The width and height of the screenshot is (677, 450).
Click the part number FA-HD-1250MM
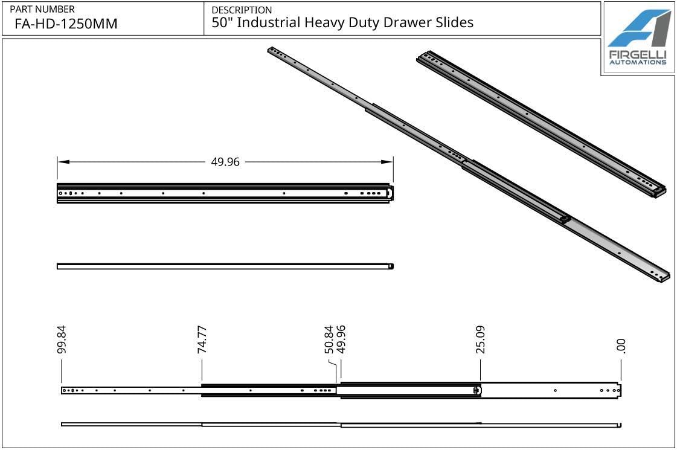pos(66,24)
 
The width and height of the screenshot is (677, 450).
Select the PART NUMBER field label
pos(42,9)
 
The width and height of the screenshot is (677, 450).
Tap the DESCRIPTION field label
pos(242,10)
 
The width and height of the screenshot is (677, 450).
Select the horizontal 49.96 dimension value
pos(225,162)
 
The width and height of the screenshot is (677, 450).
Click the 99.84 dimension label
pos(61,339)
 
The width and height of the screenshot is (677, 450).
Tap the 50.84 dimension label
pos(329,339)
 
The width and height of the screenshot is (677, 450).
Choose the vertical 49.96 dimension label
pos(341,339)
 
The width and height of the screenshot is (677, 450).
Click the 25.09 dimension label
pos(481,339)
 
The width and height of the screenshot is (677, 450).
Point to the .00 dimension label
pos(621,346)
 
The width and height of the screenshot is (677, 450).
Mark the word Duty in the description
pos(363,23)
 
